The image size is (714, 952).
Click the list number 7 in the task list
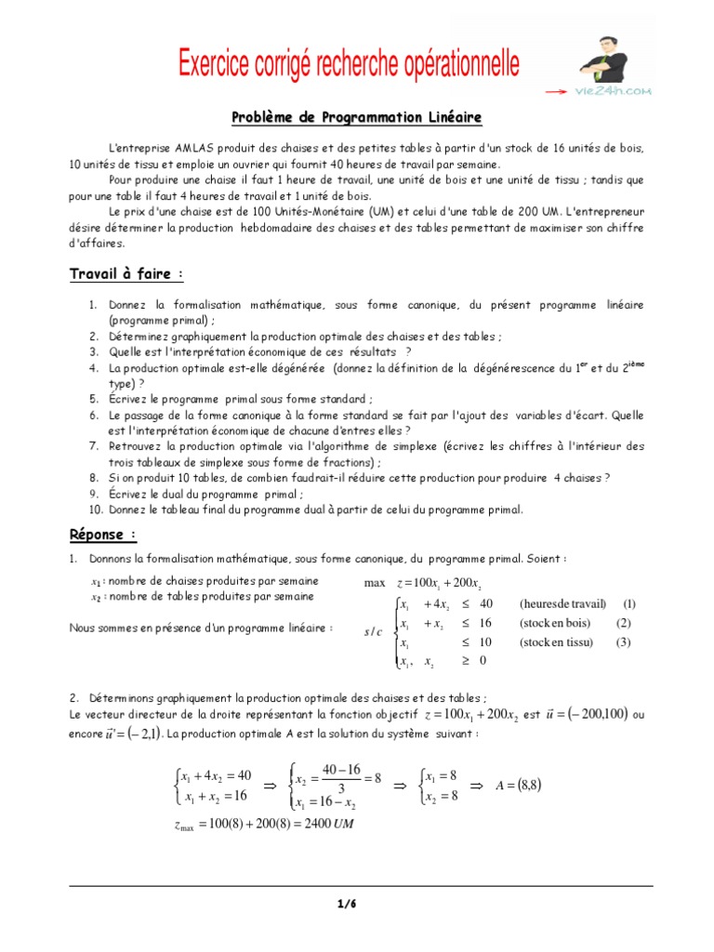[94, 446]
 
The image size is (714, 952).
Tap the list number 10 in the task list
[96, 509]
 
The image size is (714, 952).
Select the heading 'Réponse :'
[103, 535]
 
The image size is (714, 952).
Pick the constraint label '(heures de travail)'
[562, 602]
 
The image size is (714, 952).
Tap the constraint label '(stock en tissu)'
[557, 641]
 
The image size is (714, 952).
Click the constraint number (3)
[624, 641]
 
